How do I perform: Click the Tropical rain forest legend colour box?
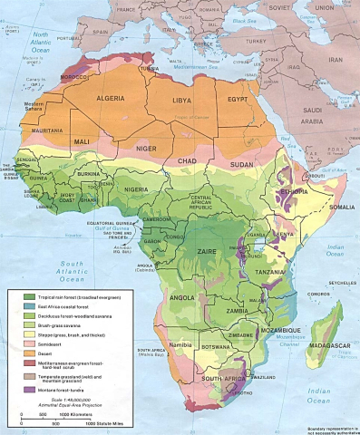point(27,296)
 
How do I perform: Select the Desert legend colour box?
point(27,356)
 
